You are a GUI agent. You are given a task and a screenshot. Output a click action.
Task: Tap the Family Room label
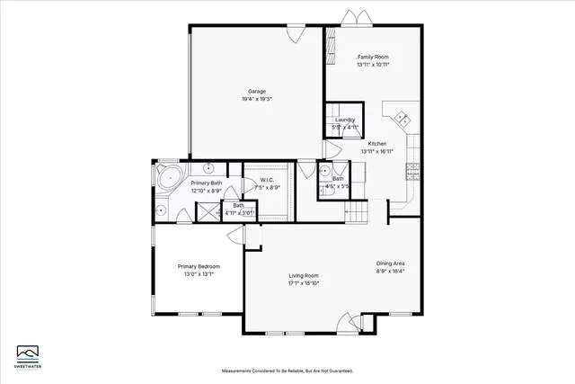(x=372, y=58)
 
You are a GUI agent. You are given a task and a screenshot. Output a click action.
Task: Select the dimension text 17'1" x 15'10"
(x=304, y=283)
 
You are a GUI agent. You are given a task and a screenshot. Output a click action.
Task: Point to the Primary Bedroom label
(x=199, y=267)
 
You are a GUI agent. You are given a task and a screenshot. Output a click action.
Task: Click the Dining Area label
(x=390, y=263)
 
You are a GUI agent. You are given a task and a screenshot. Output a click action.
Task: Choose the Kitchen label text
(x=377, y=145)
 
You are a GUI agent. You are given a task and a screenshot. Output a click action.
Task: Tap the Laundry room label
(x=344, y=120)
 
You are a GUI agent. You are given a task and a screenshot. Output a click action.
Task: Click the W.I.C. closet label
(x=267, y=181)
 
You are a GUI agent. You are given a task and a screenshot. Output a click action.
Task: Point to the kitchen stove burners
(x=412, y=168)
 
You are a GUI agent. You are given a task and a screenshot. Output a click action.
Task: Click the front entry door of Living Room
(x=347, y=321)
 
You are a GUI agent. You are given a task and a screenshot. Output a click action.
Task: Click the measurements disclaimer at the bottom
(x=287, y=371)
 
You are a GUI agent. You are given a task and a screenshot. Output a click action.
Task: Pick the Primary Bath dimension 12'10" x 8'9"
(x=206, y=191)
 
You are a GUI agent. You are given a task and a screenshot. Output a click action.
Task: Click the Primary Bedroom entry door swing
(x=235, y=235)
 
